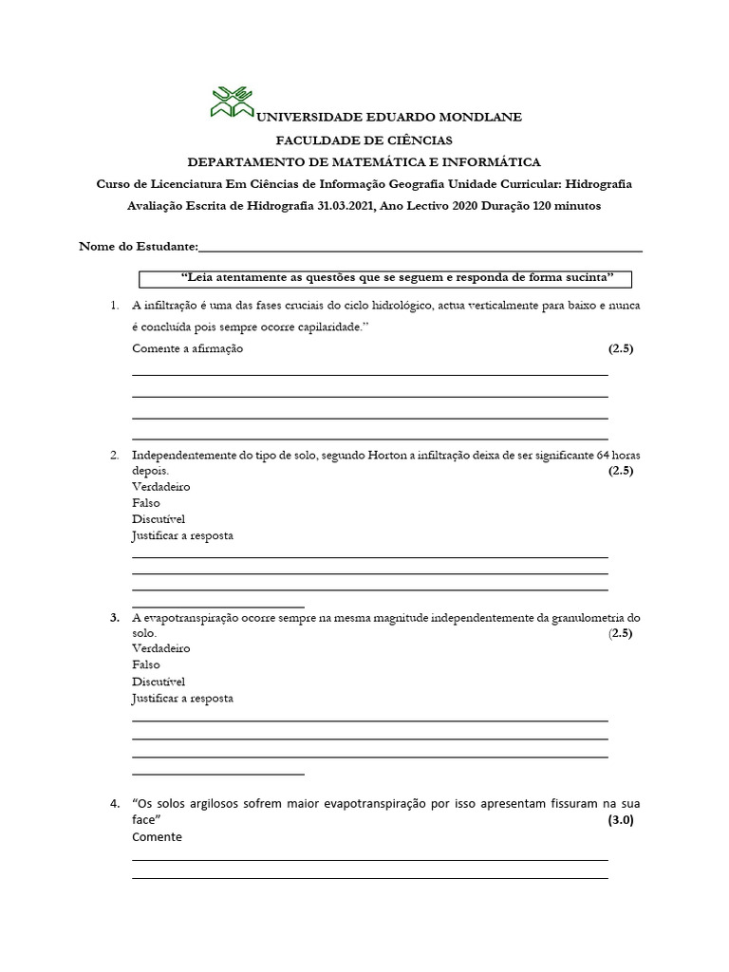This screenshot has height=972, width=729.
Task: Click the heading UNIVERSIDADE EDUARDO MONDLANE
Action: (390, 117)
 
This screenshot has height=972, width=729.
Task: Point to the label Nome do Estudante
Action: (138, 247)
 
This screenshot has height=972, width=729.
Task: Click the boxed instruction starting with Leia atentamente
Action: (384, 278)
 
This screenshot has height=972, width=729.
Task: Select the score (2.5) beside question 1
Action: (620, 348)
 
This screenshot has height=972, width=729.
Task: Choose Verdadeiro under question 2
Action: (161, 487)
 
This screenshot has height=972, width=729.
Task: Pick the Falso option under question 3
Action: (146, 665)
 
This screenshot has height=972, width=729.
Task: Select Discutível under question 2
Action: (159, 519)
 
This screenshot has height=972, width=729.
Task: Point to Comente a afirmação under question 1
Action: (188, 348)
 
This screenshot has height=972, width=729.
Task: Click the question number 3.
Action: (114, 617)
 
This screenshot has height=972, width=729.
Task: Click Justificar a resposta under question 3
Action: (182, 698)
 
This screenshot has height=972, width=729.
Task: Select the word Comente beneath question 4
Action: (157, 837)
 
